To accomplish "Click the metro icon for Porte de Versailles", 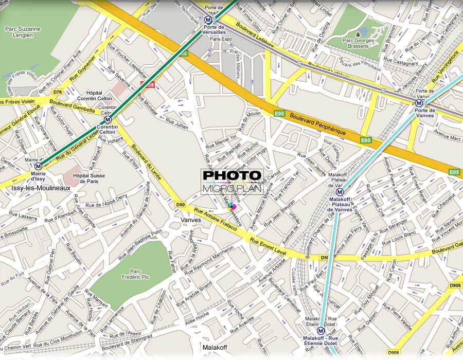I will coord(207,20).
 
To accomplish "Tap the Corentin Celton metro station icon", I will coord(108,119).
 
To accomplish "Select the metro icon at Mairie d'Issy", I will coord(38,166).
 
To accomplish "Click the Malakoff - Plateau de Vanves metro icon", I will coord(340,192).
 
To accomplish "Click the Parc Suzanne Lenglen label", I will coord(23,32).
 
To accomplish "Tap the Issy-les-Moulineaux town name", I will coord(41,188).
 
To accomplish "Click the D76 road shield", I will coord(58,93).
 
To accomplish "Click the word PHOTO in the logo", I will coord(232,176).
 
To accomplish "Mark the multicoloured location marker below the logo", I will coord(232,207).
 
